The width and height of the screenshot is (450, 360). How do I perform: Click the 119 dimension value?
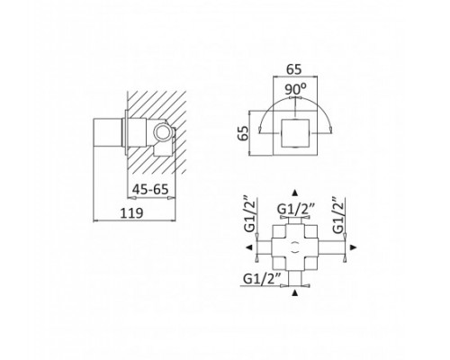[x=132, y=213]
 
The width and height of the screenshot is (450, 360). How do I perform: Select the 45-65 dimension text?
[x=150, y=189]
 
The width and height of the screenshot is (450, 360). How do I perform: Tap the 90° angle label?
[x=295, y=89]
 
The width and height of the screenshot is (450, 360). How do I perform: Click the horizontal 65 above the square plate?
[x=293, y=69]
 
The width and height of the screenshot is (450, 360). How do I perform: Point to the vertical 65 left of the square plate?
[x=243, y=133]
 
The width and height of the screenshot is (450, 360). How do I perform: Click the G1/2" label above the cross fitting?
[x=295, y=209]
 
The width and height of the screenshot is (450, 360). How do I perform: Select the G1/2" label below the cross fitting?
[x=262, y=278]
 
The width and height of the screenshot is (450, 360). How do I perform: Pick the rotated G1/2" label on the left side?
[x=249, y=214]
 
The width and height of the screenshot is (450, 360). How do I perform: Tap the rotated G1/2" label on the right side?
[x=338, y=214]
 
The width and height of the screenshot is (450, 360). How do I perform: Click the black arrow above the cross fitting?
[x=295, y=193]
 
